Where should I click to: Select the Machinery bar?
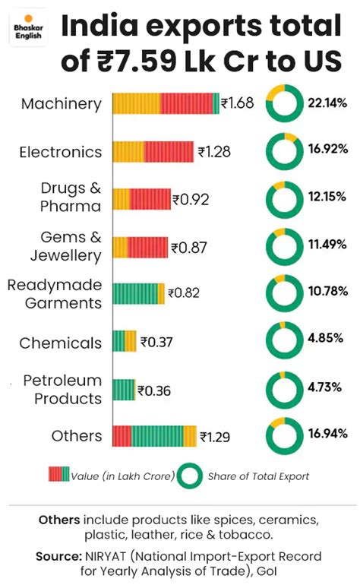click(x=166, y=103)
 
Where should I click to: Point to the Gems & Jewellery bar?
click(x=140, y=247)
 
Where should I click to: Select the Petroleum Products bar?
click(x=124, y=390)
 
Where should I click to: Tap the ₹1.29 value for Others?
click(x=215, y=437)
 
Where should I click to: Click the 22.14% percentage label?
click(x=327, y=104)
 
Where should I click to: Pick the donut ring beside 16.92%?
click(x=283, y=150)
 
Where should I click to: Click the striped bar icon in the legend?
click(x=53, y=476)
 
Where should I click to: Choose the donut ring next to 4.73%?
click(x=283, y=387)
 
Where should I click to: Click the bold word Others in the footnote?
click(x=58, y=520)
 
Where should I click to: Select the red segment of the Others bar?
click(x=122, y=436)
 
